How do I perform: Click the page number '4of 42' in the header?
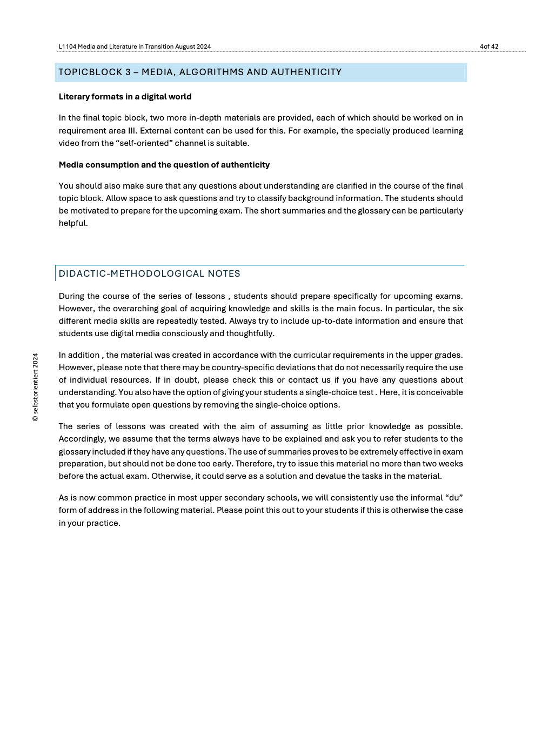point(489,46)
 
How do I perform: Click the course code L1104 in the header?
point(67,46)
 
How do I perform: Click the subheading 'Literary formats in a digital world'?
point(125,97)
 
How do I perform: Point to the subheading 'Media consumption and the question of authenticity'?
point(164,165)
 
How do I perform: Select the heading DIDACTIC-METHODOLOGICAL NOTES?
point(149,273)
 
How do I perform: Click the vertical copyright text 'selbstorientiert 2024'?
point(36,387)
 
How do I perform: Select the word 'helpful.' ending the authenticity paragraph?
point(73,223)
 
